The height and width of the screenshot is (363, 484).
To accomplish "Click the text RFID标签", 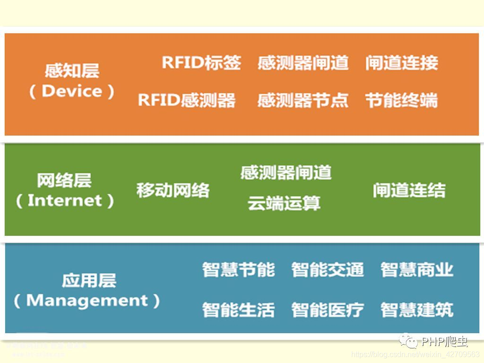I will pos(202,62).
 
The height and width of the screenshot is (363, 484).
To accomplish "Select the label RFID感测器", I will pos(187,100).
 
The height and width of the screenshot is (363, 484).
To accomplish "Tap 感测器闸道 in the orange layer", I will pos(303,62).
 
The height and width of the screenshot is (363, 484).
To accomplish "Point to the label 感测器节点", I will pos(303,100).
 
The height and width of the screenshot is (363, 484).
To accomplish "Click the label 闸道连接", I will pos(402,62).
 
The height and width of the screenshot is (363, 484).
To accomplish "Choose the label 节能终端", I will pos(402,100).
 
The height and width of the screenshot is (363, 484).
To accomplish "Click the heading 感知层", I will pos(72,71).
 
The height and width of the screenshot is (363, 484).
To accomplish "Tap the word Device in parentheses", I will pos(72,91).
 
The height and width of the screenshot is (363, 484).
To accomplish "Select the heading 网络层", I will pos(64,180).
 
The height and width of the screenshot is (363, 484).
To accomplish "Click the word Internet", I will pos(65,200).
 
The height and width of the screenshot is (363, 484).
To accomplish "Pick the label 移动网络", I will pos(173,190).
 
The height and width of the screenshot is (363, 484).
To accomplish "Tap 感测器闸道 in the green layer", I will pos(285,173).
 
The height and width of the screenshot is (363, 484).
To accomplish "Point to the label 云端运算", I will pos(284,203).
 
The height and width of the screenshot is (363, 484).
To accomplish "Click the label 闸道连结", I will pos(409,190).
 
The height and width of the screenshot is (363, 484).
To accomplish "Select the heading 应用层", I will pos(89,280).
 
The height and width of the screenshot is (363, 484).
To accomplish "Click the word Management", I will pos(87,301).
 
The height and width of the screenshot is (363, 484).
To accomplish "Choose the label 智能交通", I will pos(328,269).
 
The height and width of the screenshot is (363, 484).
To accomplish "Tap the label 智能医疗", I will pos(328,310).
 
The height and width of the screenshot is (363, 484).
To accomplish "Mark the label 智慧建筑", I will pos(417,310).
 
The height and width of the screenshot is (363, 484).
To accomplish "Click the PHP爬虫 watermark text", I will pos(444,342).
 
